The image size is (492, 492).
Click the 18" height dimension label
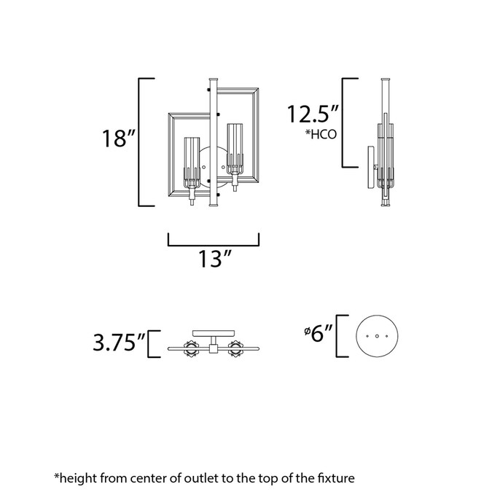click(118, 138)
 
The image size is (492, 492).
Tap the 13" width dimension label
click(214, 259)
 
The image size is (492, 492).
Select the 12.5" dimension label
click(313, 114)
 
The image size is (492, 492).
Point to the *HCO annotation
click(321, 134)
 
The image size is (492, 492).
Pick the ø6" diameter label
click(319, 333)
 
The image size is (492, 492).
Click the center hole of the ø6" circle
click(377, 336)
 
